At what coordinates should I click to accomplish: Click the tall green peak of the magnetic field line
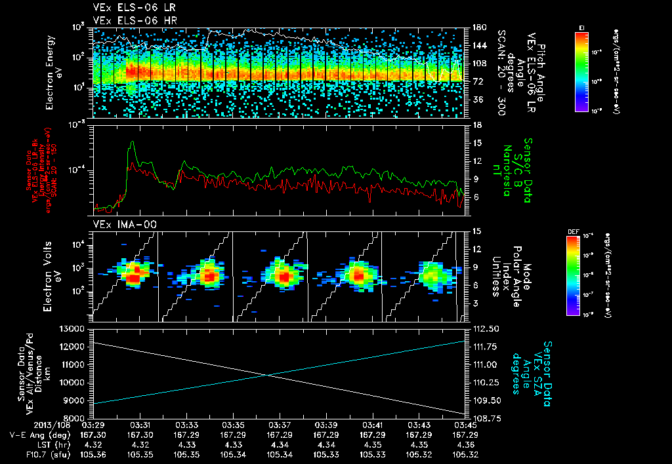coord(133,142)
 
